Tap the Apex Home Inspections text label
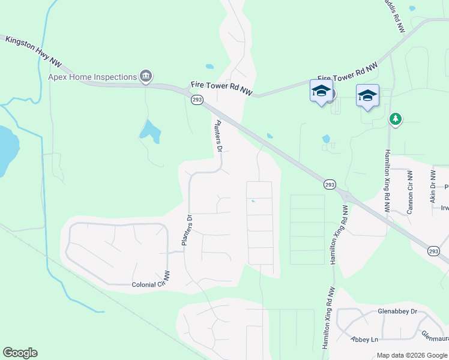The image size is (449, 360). (92, 77)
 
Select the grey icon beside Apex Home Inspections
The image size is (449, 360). (145, 76)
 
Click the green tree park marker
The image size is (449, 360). (395, 119)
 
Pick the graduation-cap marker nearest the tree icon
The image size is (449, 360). (367, 95)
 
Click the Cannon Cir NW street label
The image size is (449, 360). (411, 192)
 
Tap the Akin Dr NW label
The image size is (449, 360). (432, 186)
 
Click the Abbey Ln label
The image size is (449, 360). (365, 339)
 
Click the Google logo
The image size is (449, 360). (20, 353)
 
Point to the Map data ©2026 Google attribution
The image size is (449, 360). (411, 355)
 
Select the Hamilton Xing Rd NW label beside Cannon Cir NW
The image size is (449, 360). (387, 181)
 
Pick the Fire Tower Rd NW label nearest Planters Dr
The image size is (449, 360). (222, 89)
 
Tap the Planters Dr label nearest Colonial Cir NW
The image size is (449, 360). (185, 230)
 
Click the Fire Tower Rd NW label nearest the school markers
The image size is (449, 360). (348, 71)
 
